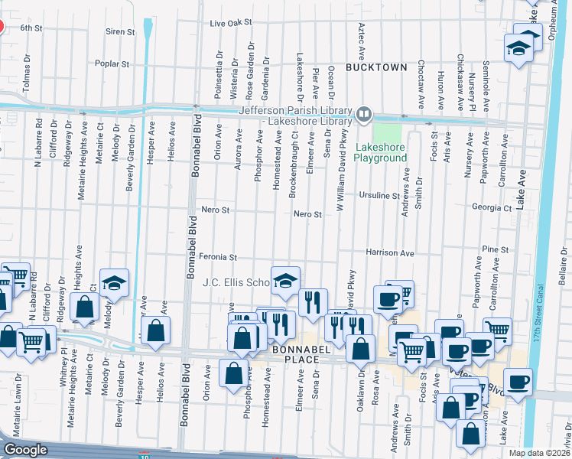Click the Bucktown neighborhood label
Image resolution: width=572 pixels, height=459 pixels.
coord(376,67)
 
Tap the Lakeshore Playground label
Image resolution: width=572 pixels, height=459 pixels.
coord(380,152)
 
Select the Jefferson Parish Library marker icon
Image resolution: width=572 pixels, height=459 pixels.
coord(364,116)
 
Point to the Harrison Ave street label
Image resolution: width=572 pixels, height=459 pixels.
coord(389,252)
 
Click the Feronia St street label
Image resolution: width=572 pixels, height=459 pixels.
coord(219,258)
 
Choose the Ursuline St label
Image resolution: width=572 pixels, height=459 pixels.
coord(379,196)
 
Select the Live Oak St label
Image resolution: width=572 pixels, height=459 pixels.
coord(231,24)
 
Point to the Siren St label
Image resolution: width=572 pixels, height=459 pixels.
coord(120,32)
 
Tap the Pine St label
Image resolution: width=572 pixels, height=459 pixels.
coord(496,249)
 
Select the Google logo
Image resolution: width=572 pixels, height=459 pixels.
coord(25,450)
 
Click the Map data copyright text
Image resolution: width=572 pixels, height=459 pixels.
coord(540,453)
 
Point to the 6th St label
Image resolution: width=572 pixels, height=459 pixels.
coord(31,28)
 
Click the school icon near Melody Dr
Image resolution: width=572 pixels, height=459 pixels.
coord(114,285)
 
